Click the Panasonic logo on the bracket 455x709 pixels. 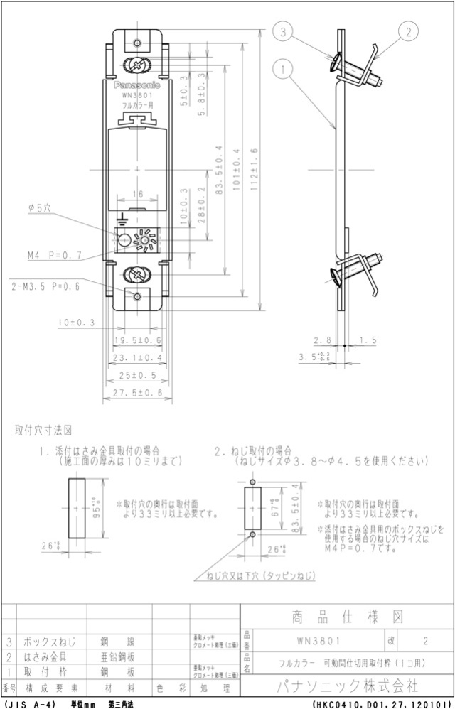point(137,85)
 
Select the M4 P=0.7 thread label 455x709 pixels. point(55,254)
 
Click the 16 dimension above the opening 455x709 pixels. point(137,193)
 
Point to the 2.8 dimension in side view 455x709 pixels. point(323,341)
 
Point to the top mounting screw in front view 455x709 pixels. point(137,66)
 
